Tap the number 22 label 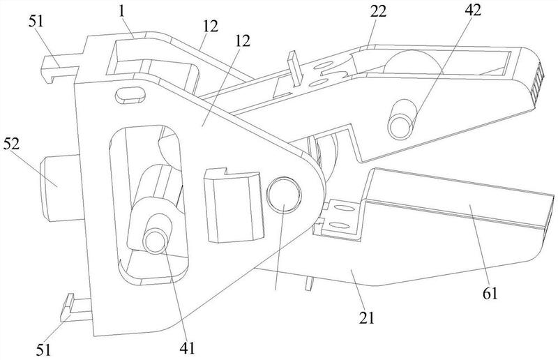pos(378,12)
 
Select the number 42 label pos(473,10)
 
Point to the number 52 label pos(12,144)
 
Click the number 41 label pos(187,348)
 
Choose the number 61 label pos(490,294)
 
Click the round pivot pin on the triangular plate pos(284,195)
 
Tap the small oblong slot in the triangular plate pos(130,94)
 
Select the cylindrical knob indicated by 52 pos(59,188)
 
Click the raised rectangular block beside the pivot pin pos(234,204)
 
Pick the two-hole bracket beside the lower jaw pos(338,218)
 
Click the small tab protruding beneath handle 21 pos(310,283)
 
